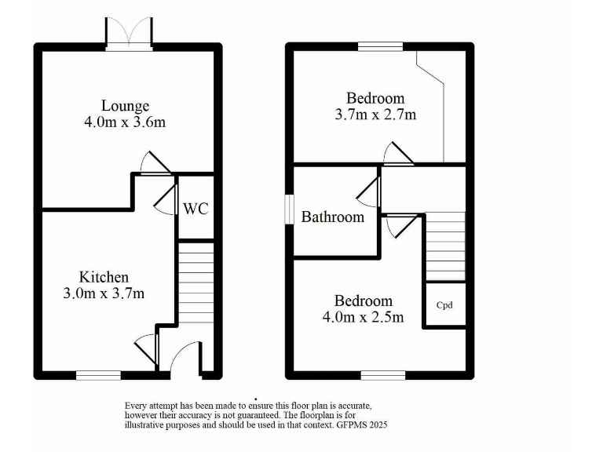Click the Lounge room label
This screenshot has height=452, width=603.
click(x=125, y=106)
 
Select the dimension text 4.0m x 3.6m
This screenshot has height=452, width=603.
click(x=125, y=122)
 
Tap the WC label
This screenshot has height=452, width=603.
click(x=196, y=209)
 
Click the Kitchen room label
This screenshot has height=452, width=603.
click(x=104, y=277)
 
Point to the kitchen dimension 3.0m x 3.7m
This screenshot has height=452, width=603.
click(x=104, y=293)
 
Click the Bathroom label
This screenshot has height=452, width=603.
click(x=333, y=217)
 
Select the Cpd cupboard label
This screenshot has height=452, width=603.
click(x=445, y=306)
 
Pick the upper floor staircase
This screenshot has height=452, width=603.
click(x=445, y=247)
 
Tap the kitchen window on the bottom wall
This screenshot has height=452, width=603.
click(x=98, y=375)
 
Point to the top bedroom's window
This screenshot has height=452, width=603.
click(x=381, y=46)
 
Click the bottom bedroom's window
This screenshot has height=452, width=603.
click(x=383, y=375)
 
